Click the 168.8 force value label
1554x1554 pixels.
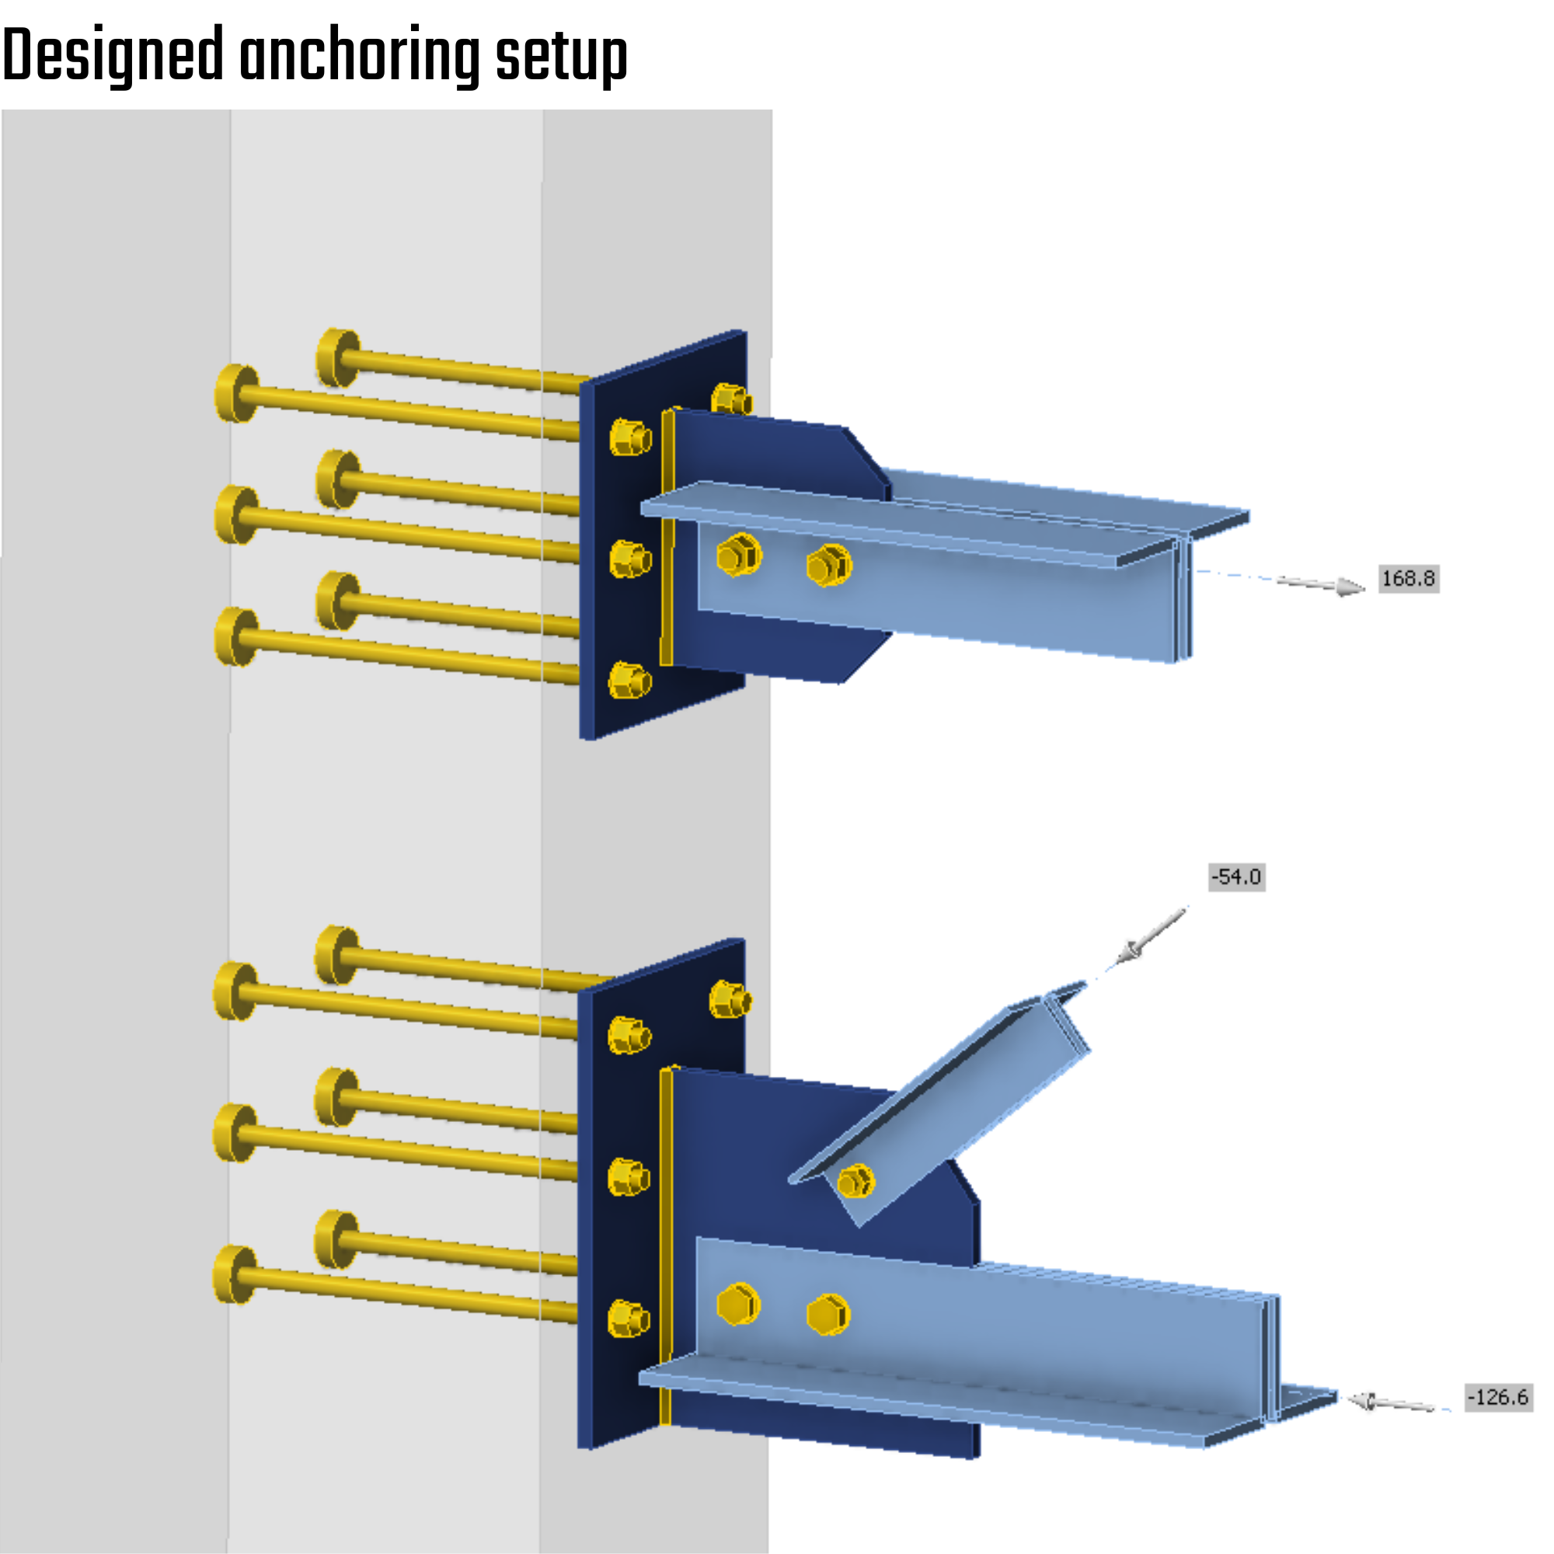[x=1408, y=579]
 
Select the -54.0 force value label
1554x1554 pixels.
[x=1236, y=876]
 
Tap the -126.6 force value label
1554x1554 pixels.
[x=1498, y=1397]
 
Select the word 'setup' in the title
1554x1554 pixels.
[x=561, y=56]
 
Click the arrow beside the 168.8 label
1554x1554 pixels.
[x=1323, y=585]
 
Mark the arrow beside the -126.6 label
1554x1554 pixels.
[x=1392, y=1403]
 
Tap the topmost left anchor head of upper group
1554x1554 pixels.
[x=336, y=357]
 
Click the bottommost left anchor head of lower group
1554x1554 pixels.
[x=233, y=1275]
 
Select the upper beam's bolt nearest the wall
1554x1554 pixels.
[x=738, y=554]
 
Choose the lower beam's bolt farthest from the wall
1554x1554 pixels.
[x=828, y=1315]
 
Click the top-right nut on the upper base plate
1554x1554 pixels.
[x=730, y=399]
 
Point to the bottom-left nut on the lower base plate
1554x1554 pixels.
[x=628, y=1319]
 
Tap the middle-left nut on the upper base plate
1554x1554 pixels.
[x=629, y=559]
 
